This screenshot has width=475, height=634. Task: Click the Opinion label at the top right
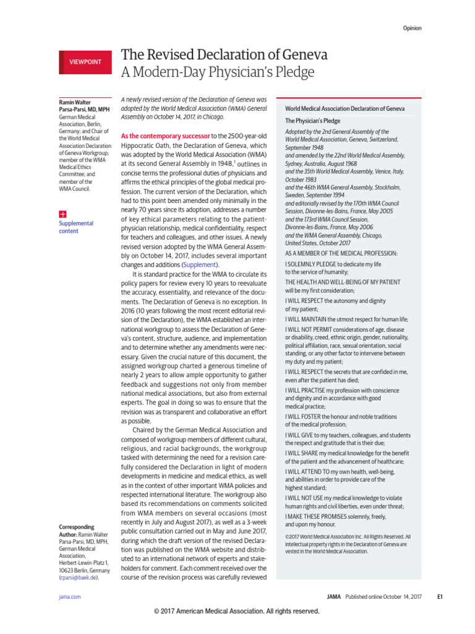(413, 28)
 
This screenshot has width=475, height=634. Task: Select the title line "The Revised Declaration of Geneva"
(224, 55)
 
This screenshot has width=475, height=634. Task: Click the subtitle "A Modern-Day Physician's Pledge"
(217, 73)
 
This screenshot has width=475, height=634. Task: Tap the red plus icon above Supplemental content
(62, 212)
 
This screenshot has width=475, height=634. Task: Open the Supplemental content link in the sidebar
(75, 227)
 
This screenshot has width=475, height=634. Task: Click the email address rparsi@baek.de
(78, 577)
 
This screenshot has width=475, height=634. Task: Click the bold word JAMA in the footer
(334, 597)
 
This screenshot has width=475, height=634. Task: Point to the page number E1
(440, 597)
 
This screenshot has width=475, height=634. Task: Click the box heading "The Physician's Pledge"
(312, 121)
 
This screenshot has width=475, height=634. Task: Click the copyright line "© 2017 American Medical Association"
(237, 611)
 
